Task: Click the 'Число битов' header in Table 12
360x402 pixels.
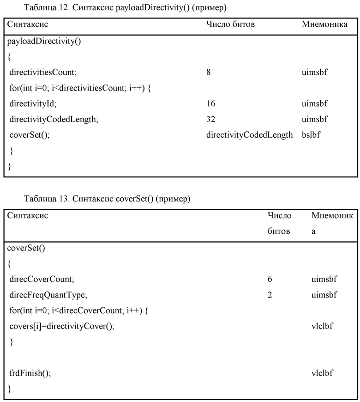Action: (x=230, y=24)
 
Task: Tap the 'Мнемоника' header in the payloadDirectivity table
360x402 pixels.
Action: (x=324, y=24)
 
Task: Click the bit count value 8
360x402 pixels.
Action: (x=209, y=72)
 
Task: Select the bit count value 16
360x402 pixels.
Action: (x=210, y=104)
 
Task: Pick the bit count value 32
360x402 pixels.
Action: (x=211, y=119)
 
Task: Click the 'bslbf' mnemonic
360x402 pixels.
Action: (x=311, y=135)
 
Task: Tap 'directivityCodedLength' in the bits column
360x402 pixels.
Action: (x=249, y=135)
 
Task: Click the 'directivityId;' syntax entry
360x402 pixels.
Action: (x=33, y=104)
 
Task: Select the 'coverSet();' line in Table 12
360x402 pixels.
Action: (x=29, y=135)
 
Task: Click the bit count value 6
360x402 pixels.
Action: (x=270, y=279)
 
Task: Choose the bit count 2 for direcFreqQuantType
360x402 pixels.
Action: (x=270, y=295)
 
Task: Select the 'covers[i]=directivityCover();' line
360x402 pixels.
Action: (x=61, y=326)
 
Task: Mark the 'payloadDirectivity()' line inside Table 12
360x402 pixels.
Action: (x=44, y=41)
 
